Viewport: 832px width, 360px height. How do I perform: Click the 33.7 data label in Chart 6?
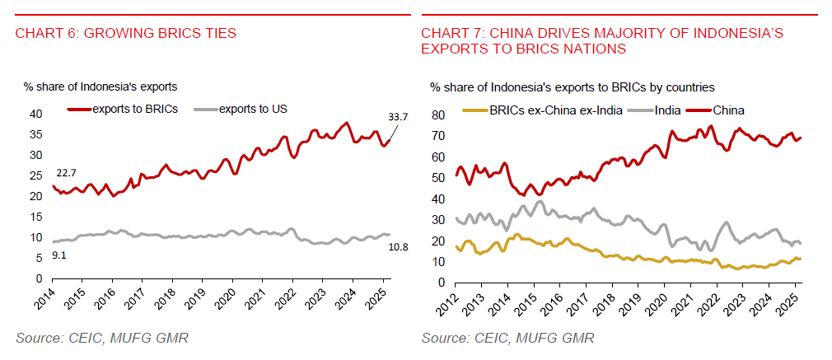point(398,117)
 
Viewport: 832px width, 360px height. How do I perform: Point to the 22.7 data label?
point(67,172)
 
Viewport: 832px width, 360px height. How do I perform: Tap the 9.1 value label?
point(58,255)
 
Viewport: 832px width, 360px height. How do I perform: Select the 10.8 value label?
point(399,246)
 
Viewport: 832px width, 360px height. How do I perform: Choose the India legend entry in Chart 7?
point(665,110)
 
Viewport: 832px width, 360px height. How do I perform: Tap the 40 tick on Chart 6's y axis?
point(35,114)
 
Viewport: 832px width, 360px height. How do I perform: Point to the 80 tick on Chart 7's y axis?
point(437,115)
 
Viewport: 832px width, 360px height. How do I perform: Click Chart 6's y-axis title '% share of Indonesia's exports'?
point(100,86)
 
